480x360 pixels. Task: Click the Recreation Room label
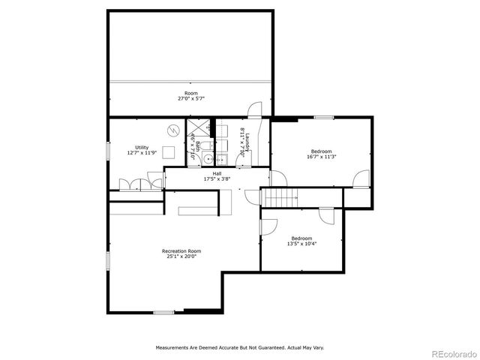point(181,250)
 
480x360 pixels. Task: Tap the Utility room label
point(142,147)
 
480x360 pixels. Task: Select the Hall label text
point(217,173)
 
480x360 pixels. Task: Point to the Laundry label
point(246,139)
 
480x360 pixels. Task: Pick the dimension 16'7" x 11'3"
point(321,157)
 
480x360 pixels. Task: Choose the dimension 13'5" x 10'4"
point(301,244)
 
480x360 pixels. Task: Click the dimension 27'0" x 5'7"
point(191,98)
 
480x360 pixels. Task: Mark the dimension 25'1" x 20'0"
point(181,256)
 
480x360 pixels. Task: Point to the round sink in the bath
point(221,159)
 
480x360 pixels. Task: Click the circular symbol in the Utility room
point(173,130)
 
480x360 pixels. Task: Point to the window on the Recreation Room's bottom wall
point(163,312)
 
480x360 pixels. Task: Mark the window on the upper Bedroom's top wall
point(324,117)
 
